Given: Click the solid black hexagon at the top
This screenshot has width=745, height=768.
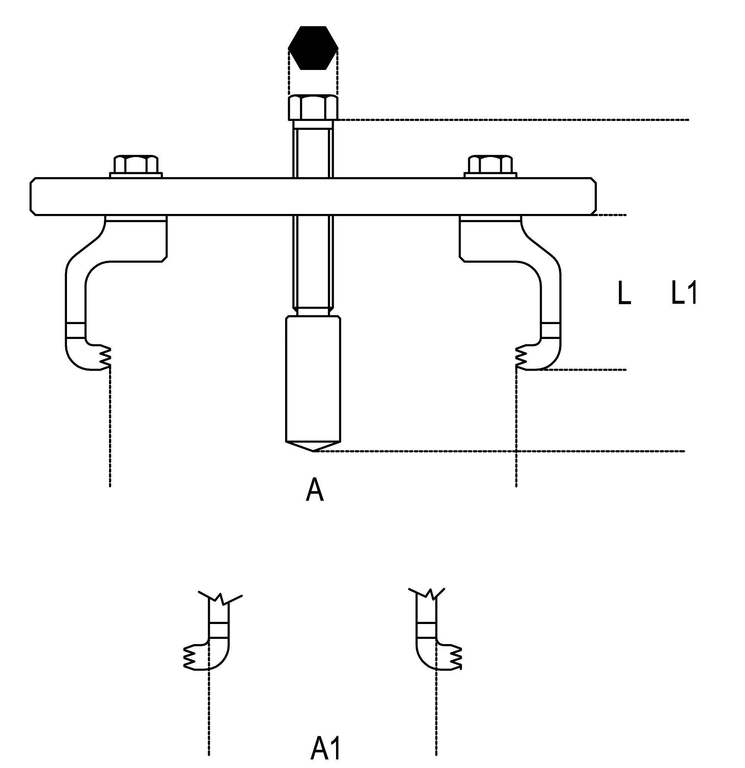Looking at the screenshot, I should [x=313, y=48].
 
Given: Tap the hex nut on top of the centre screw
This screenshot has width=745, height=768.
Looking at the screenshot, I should [x=313, y=108].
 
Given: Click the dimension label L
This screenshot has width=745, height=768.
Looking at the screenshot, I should [x=624, y=294].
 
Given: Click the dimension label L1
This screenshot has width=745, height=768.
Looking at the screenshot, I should [x=684, y=292].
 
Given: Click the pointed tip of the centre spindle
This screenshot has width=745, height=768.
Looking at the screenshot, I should [x=313, y=450].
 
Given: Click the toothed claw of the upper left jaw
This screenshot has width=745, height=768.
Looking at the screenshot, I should [x=103, y=356].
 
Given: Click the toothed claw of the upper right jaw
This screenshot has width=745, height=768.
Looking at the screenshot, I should [x=522, y=356].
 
